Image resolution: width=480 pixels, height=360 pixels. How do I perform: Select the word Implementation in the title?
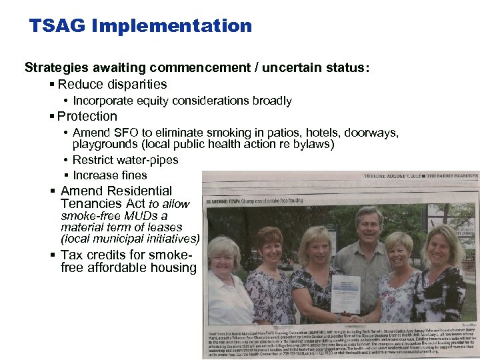[173, 26]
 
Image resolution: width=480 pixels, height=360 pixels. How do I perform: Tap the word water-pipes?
[145, 160]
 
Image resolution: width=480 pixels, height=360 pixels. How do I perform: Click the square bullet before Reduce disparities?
[52, 85]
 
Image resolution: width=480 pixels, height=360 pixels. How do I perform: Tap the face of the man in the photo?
[368, 225]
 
